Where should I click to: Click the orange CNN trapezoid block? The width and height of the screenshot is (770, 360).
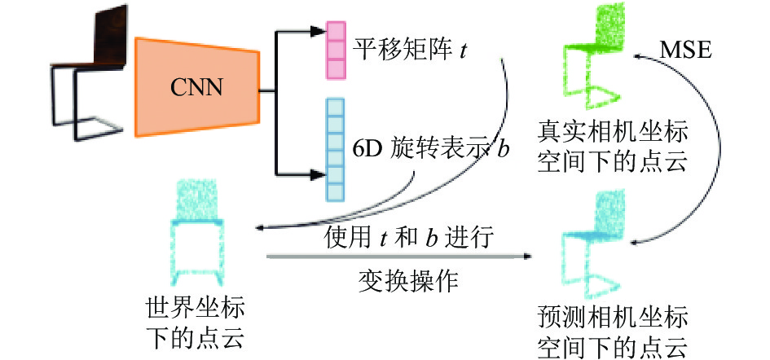197,87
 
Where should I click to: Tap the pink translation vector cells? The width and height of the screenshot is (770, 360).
337,50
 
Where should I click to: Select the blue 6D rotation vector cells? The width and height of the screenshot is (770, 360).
336,150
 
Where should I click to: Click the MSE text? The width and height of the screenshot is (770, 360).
684,50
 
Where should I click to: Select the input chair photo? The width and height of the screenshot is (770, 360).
88,72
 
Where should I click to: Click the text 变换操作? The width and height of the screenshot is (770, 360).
408,282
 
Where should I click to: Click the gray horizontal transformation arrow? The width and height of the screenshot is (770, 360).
399,256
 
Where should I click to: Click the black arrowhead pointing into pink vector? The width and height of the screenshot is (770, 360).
318,32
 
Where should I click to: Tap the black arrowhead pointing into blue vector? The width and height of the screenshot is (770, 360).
318,173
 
